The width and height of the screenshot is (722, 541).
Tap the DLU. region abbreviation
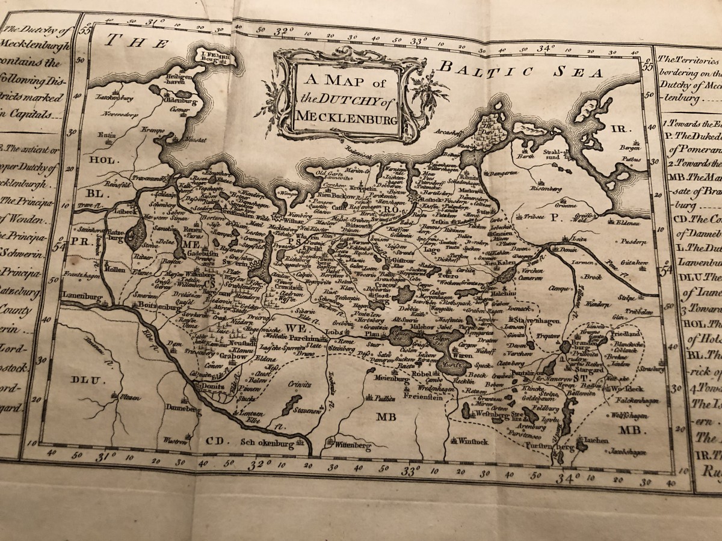coord(82,379)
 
